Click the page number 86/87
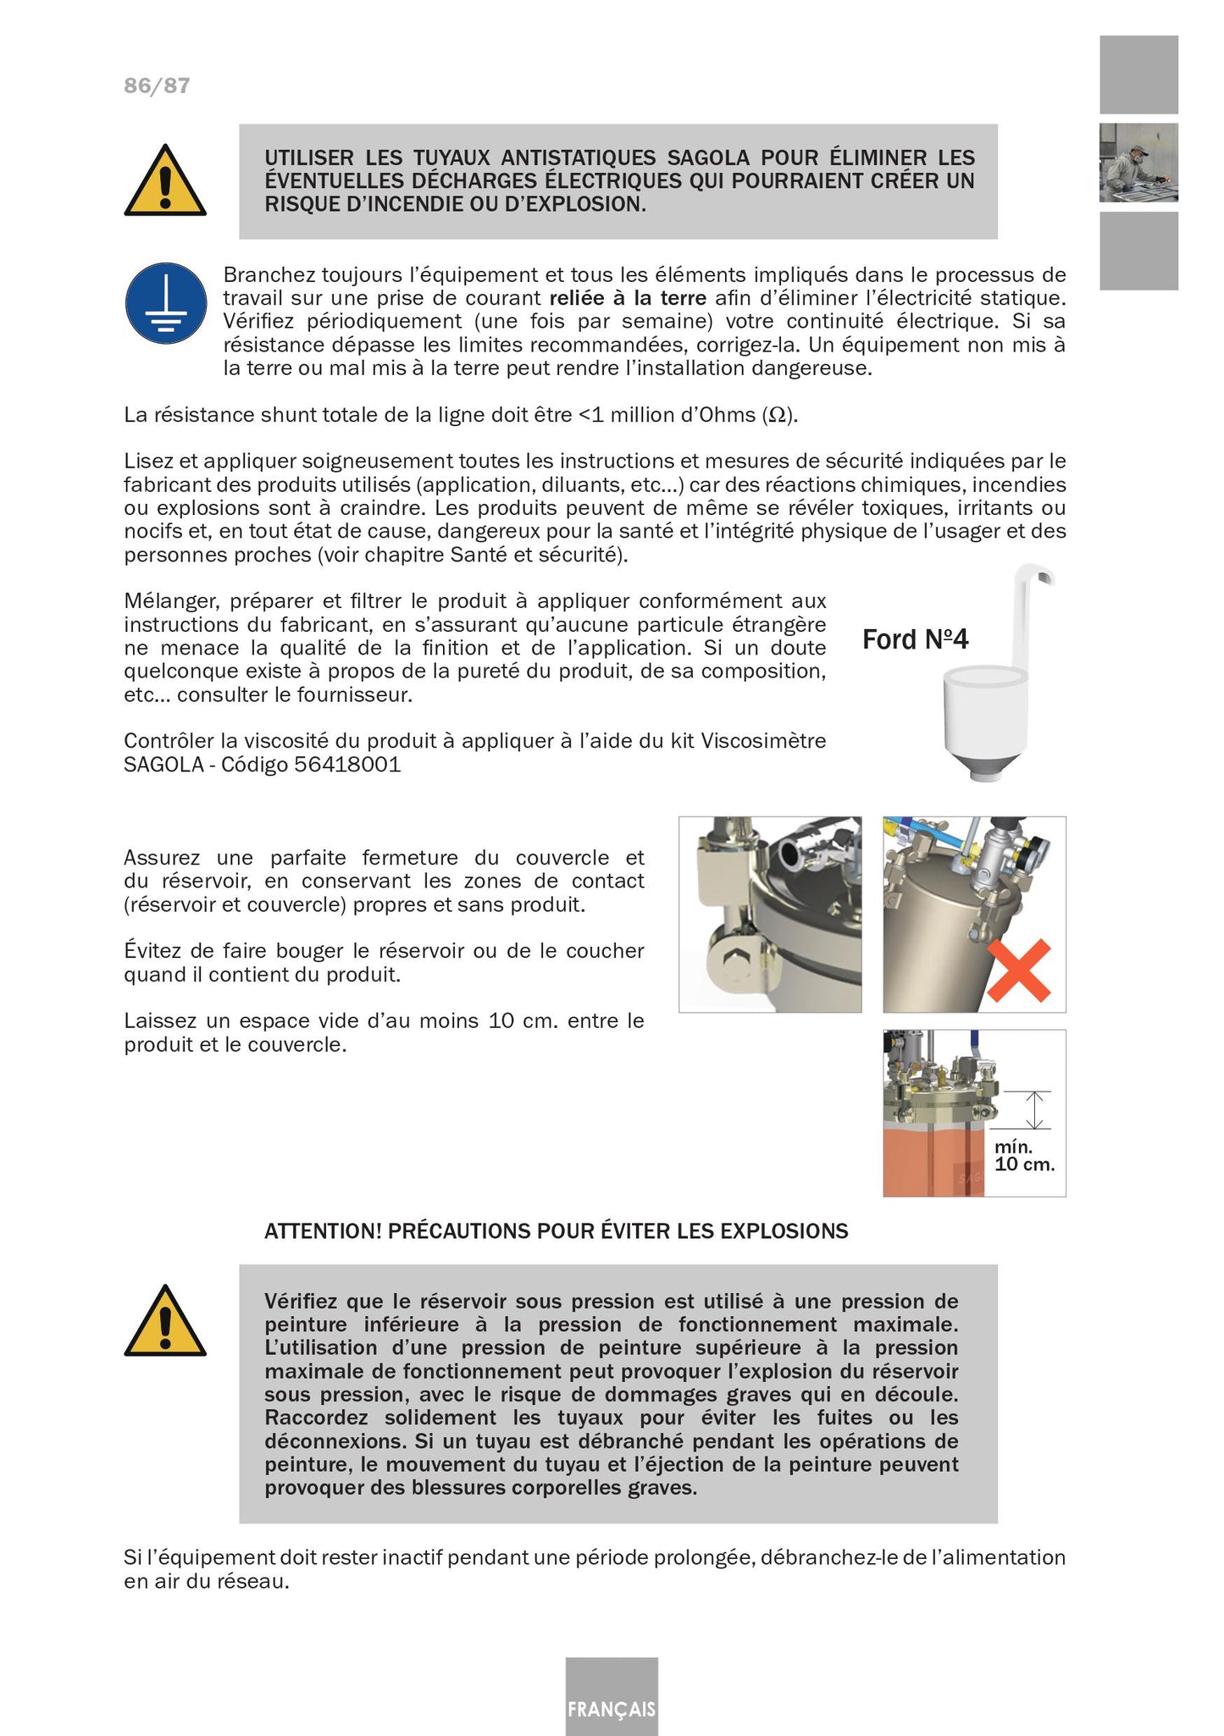[157, 86]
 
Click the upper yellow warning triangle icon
[165, 181]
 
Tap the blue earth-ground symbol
[166, 303]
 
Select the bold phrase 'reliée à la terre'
[628, 298]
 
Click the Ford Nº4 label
[915, 639]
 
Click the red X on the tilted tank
[1019, 970]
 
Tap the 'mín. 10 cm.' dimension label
[1023, 1156]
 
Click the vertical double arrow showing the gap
[1034, 1109]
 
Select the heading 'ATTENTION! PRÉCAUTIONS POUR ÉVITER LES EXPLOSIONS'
[556, 1231]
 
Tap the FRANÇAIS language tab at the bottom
[612, 1709]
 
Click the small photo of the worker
[1138, 163]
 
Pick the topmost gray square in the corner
[1138, 75]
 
